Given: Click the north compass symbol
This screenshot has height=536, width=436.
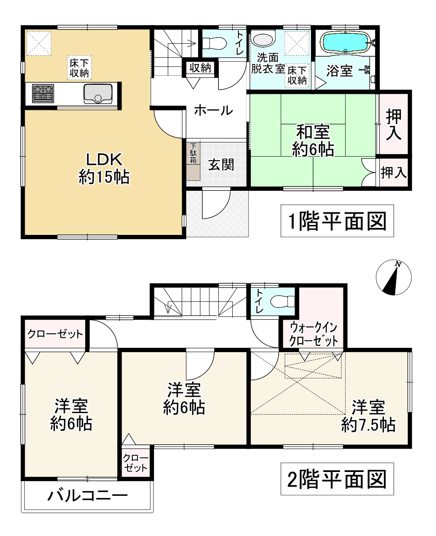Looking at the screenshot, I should pos(393,278).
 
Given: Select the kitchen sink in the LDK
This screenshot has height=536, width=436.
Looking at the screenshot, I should pos(98,93).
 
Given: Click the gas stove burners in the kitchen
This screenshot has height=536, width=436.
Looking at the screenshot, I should pos(44,93).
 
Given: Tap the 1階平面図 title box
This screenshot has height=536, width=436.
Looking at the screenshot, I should pos(337,221).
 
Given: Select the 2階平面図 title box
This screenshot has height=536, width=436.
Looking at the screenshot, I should pos(337,479).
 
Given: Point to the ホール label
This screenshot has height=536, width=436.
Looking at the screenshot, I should pos(214,110).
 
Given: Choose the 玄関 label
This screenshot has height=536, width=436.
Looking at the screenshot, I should pos(221,164).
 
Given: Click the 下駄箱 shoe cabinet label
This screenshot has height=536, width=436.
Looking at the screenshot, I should pos(193,154).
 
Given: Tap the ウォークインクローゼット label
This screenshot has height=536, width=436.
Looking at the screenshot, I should pos(314,334).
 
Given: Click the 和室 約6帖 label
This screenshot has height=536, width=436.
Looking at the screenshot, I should pos(313,141).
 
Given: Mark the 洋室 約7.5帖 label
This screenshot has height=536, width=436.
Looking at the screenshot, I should pos(368,416).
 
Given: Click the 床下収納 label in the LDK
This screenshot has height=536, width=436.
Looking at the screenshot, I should pos(79,68).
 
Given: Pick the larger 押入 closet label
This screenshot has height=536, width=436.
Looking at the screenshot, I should pos(394,124).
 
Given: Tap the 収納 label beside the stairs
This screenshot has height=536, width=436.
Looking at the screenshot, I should pos(200,67).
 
